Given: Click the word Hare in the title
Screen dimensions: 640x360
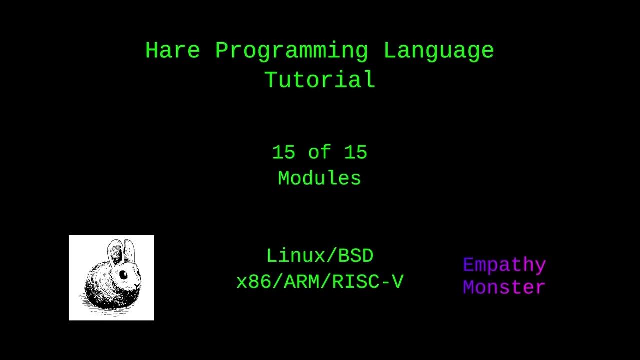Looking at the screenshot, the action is point(173,50).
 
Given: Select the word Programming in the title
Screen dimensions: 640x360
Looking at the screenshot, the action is point(291,51).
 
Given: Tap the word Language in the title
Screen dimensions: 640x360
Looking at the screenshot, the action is point(439,51).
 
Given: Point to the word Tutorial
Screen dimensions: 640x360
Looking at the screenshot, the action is point(319,79).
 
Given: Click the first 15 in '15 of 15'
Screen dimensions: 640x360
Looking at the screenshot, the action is point(283,152).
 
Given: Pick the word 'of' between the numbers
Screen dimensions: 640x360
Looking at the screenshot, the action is point(319,152).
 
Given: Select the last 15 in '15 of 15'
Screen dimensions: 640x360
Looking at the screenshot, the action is point(355,152).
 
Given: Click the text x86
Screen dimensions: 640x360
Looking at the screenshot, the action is point(254,282).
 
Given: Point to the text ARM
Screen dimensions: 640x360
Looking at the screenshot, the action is point(302,282).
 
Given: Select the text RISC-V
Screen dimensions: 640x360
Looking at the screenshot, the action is point(368,282).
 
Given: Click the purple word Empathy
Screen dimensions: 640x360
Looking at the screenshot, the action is point(504,265).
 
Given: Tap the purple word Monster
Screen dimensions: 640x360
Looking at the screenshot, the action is point(504,287).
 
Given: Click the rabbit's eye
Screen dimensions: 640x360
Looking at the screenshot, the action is point(123,275).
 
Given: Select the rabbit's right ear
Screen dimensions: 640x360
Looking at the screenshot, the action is point(129,251).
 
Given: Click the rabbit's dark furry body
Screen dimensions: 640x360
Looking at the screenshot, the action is point(103,291).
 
